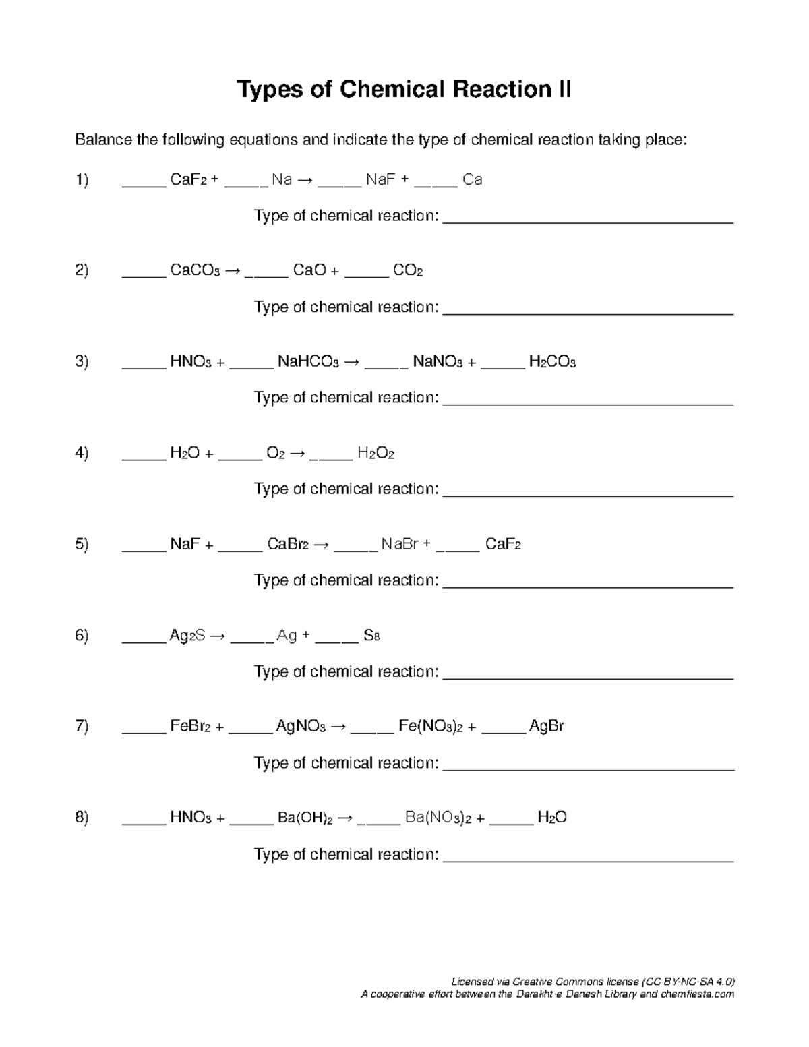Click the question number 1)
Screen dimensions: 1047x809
click(x=82, y=180)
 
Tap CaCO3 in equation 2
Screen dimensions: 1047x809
click(x=194, y=271)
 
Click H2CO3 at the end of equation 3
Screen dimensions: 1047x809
click(x=551, y=362)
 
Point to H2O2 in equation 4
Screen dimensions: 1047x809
click(x=376, y=454)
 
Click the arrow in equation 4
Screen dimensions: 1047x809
click(x=297, y=454)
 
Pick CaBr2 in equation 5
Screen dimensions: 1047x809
click(x=287, y=545)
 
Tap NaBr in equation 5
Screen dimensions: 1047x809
click(x=400, y=545)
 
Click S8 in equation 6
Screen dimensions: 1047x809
click(x=371, y=636)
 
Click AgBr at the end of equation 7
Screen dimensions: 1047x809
click(x=546, y=727)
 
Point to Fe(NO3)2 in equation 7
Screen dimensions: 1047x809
click(x=430, y=727)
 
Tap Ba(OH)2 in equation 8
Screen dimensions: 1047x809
click(x=305, y=818)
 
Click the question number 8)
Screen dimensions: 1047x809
click(x=82, y=818)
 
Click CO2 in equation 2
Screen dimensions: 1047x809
click(x=407, y=271)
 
